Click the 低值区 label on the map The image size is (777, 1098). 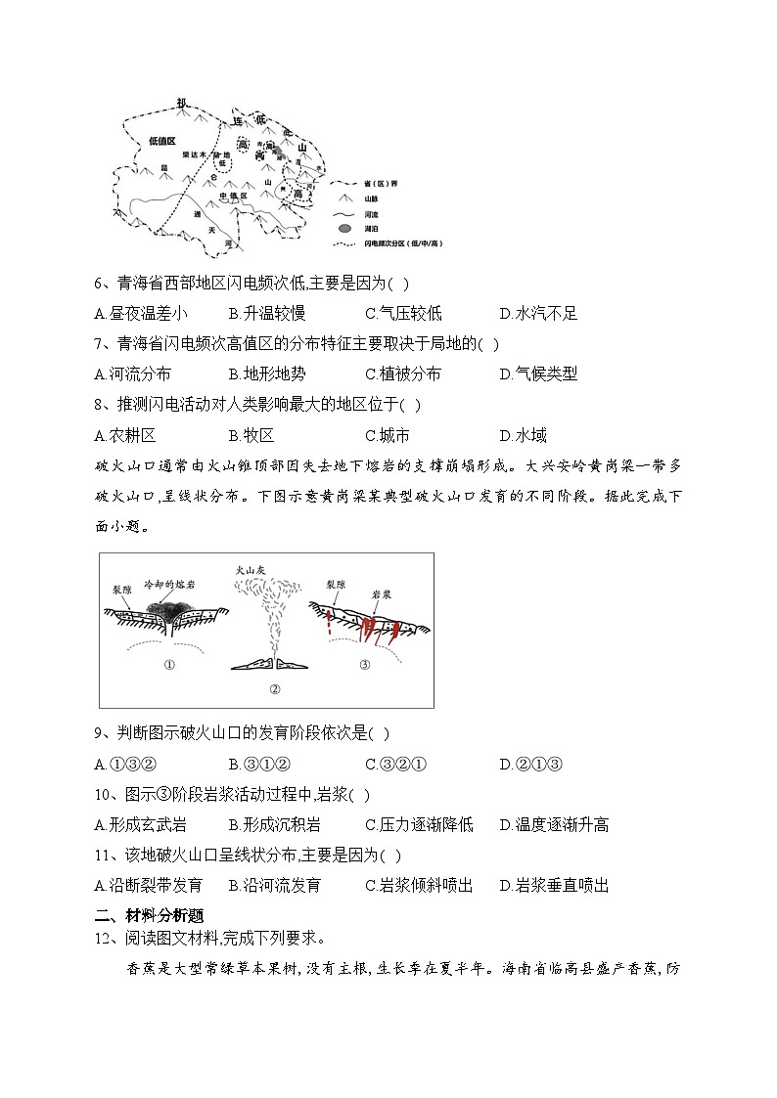pyautogui.click(x=161, y=141)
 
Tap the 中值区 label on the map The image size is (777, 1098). pyautogui.click(x=235, y=196)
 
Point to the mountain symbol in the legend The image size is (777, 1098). pyautogui.click(x=343, y=197)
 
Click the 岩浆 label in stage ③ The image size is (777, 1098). pyautogui.click(x=382, y=593)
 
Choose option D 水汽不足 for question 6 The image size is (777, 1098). pyautogui.click(x=537, y=314)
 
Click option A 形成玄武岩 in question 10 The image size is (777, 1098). pyautogui.click(x=140, y=824)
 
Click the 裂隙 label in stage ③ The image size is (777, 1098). pyautogui.click(x=336, y=583)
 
